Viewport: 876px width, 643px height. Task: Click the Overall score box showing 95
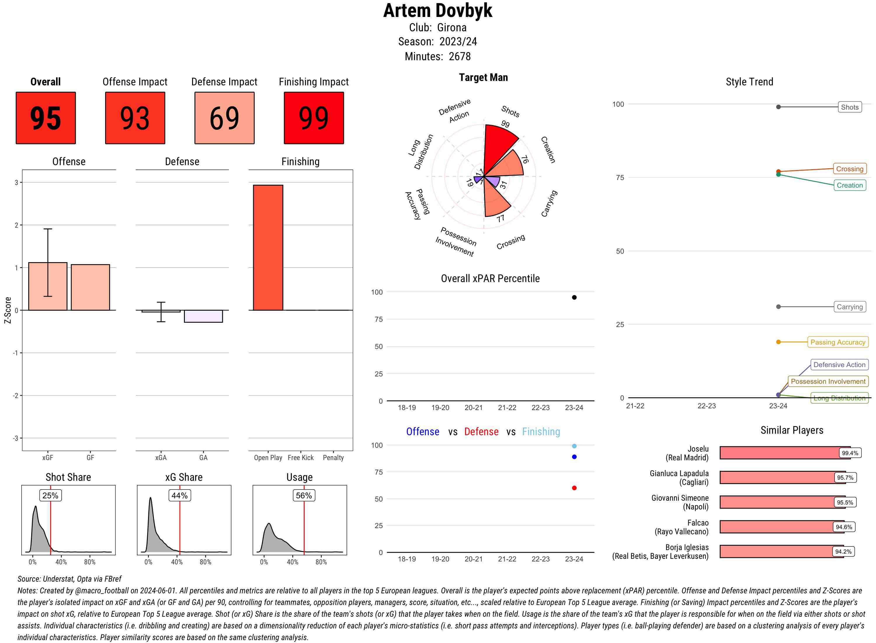pyautogui.click(x=46, y=118)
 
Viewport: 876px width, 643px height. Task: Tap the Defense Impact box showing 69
pyautogui.click(x=224, y=118)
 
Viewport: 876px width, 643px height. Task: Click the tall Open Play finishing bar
pyautogui.click(x=268, y=248)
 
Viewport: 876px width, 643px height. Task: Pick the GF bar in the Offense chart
pyautogui.click(x=90, y=287)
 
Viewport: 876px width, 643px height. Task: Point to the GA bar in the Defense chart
pyautogui.click(x=203, y=316)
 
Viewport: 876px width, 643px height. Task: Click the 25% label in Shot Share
pyautogui.click(x=50, y=495)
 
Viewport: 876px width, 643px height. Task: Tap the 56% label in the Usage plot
pyautogui.click(x=304, y=495)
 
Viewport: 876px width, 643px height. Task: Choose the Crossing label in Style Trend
pyautogui.click(x=849, y=169)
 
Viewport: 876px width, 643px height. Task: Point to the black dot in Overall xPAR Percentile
pyautogui.click(x=574, y=297)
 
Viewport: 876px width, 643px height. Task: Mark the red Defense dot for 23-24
pyautogui.click(x=574, y=488)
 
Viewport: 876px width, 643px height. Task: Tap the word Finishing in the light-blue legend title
pyautogui.click(x=541, y=432)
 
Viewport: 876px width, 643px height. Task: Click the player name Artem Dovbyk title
pyautogui.click(x=437, y=11)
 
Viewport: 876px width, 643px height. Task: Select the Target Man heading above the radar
pyautogui.click(x=483, y=77)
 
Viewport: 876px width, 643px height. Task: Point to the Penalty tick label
pyautogui.click(x=333, y=458)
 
